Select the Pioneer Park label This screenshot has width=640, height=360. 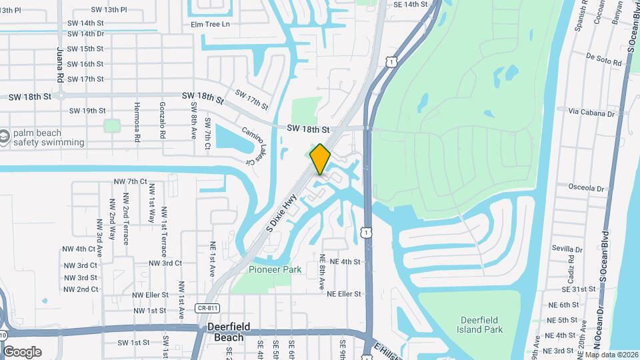click(275, 270)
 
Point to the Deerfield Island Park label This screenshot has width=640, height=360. click(480, 325)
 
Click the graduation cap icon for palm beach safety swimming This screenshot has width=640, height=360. click(5, 137)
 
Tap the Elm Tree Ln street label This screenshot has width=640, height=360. click(210, 25)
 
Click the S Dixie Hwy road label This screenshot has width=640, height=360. click(281, 213)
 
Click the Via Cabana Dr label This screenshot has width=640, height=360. click(591, 114)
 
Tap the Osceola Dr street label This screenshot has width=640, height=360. click(586, 188)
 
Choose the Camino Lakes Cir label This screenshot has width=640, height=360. click(249, 146)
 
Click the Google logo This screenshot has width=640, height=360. click(22, 351)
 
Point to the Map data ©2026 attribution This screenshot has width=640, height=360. click(611, 355)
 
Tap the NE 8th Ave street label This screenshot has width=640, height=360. click(322, 271)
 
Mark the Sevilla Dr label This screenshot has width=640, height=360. click(567, 248)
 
